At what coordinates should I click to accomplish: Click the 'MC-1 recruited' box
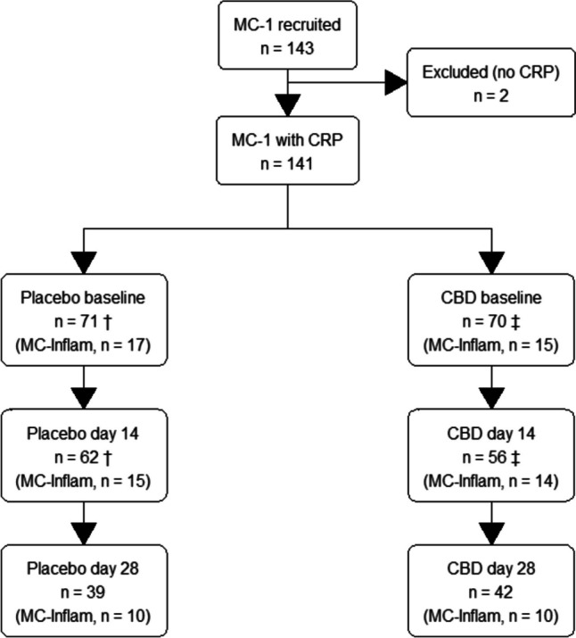pos(288,35)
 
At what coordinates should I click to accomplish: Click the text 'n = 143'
pos(288,45)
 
